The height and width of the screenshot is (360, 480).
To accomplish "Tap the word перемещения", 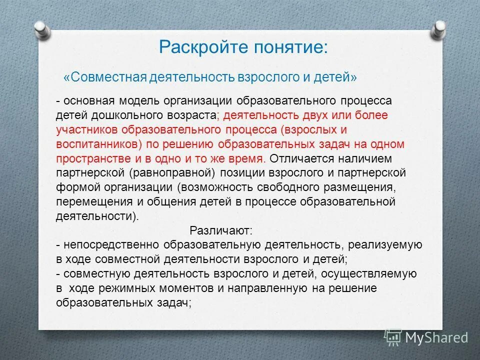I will (x=86, y=202).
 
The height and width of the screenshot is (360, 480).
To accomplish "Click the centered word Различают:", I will (x=221, y=231).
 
